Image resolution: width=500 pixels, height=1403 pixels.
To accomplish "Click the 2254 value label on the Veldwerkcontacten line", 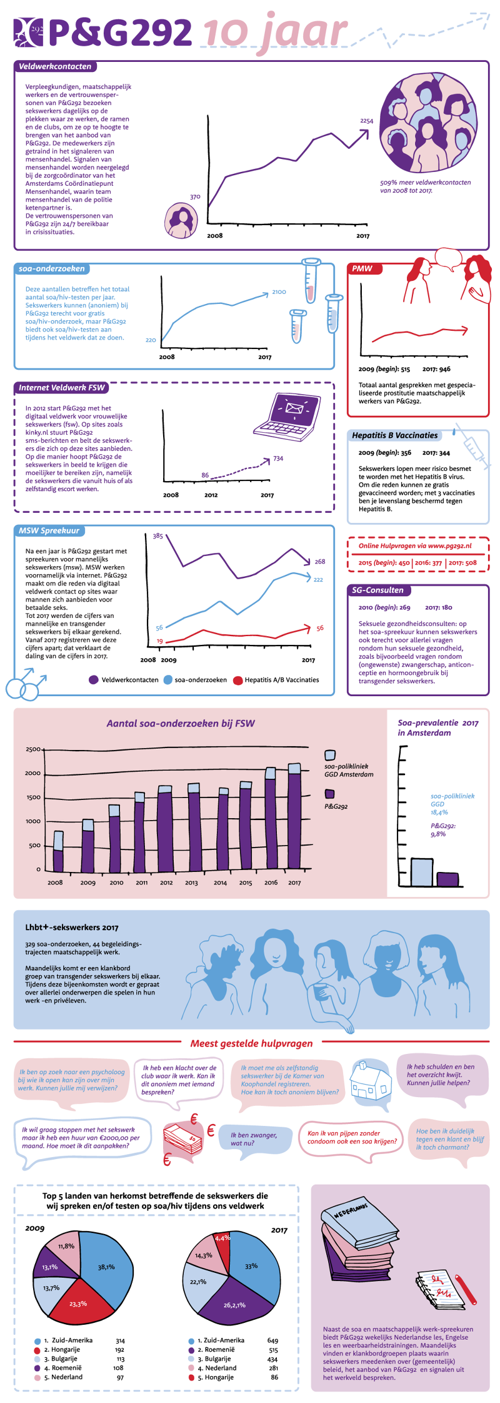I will tap(366, 121).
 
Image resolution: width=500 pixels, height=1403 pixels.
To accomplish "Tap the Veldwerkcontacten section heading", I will tap(55, 66).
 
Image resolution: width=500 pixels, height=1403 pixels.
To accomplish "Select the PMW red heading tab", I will tap(362, 268).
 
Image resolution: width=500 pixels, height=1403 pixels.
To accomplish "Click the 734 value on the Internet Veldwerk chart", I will tap(278, 458).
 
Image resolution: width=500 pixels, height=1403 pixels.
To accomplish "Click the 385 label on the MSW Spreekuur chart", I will tap(157, 536).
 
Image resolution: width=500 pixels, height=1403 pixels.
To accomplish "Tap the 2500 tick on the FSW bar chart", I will tap(33, 749).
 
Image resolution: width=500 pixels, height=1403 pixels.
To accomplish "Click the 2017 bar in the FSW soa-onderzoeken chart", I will tap(294, 816).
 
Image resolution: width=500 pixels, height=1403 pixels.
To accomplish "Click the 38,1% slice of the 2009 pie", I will tap(106, 1267).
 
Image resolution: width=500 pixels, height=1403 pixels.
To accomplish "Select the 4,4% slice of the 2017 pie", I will tap(222, 1237).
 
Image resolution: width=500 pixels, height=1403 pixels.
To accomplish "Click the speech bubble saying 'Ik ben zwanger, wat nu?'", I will tap(254, 1138).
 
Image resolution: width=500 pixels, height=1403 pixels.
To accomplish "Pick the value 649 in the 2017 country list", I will tap(272, 1340).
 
